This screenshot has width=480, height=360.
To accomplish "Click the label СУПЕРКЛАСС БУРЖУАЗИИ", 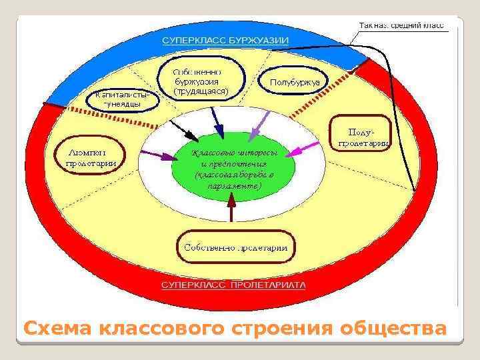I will click(226, 40).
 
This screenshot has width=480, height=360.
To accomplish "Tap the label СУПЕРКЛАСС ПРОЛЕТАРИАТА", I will click(234, 285).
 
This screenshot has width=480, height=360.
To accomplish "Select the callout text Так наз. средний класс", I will click(401, 25).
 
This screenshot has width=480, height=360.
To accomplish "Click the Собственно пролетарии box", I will click(233, 247).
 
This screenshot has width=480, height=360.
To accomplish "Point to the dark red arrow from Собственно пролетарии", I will click(231, 211).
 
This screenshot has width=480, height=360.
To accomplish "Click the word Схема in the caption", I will click(58, 329).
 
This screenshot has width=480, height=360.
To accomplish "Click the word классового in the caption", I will click(162, 329).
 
